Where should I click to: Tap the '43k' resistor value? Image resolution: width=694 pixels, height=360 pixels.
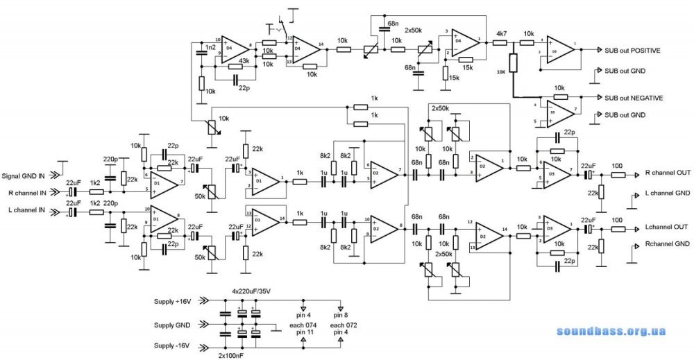[x=244, y=61]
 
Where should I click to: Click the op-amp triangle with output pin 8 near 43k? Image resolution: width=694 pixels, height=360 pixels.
[x=232, y=47]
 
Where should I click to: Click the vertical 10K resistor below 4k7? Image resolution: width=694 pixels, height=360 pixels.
[x=512, y=63]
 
